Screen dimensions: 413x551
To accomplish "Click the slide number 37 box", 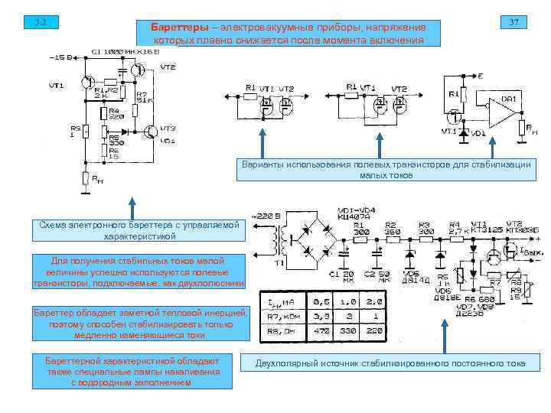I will point(514,22).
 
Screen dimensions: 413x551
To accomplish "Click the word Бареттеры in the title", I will point(183,28).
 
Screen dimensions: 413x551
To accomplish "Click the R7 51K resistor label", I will point(143,97).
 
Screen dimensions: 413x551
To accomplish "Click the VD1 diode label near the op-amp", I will point(479,135).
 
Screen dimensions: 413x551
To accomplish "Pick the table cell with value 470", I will point(321,330).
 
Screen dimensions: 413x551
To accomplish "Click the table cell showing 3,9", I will point(321,316).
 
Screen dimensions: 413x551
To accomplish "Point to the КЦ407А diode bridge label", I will point(354,216).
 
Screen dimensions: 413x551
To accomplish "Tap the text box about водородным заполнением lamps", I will point(132,371).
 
